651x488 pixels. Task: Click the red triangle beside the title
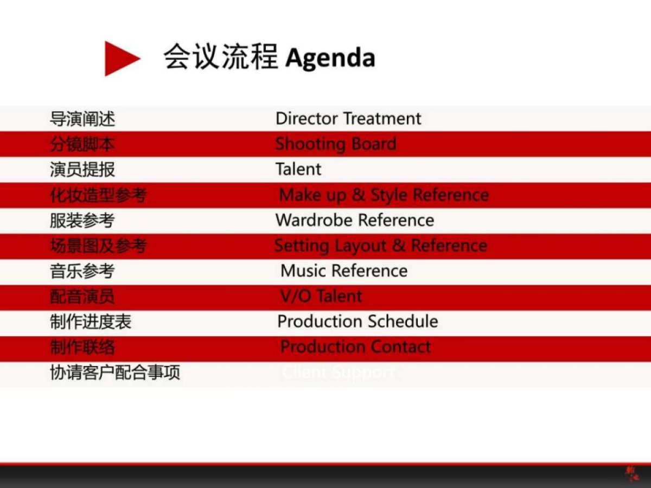[120, 58]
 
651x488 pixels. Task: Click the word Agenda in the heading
[330, 58]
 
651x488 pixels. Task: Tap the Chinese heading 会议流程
[221, 56]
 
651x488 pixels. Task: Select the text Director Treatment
[348, 118]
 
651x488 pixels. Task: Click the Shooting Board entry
[336, 144]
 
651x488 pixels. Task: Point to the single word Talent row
[298, 169]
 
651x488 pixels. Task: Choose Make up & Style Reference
[384, 195]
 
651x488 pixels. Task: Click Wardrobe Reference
[355, 220]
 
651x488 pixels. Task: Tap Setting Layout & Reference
[380, 246]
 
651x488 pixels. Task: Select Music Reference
[344, 271]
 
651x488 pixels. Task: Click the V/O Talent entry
[321, 296]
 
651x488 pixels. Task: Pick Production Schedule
[358, 322]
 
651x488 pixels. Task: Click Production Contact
[355, 347]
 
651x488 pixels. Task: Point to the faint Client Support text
[339, 373]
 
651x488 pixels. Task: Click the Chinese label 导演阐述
[82, 118]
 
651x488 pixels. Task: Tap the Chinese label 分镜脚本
[82, 144]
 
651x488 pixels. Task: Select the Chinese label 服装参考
[82, 220]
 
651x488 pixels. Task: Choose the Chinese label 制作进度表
[91, 322]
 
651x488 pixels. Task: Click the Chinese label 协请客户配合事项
[115, 373]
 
